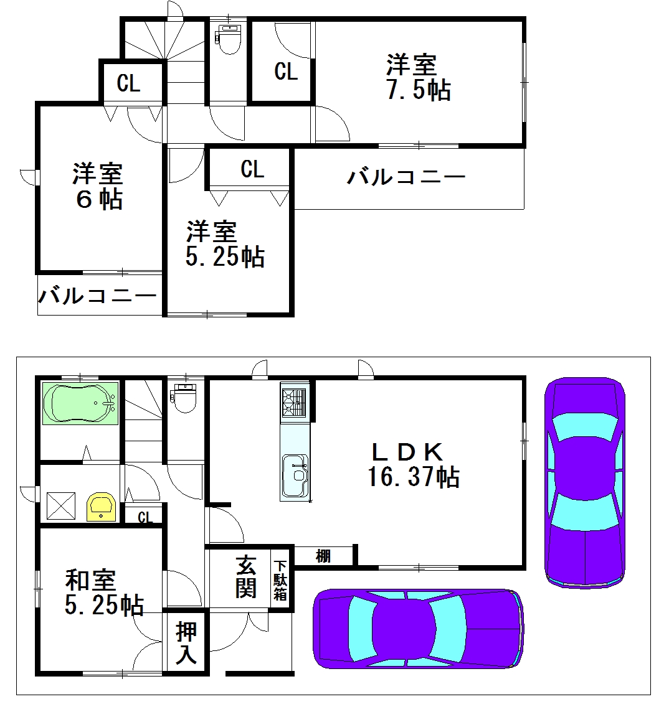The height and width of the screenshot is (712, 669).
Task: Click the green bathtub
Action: tap(80, 403)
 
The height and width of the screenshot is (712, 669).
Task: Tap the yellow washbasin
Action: tap(102, 507)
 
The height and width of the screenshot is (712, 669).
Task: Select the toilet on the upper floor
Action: tap(229, 39)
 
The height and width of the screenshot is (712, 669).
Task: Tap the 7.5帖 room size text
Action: tap(419, 90)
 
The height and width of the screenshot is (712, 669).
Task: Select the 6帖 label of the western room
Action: tap(99, 199)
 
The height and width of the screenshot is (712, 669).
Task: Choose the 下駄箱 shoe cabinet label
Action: tap(280, 580)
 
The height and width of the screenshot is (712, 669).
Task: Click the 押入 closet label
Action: tap(186, 642)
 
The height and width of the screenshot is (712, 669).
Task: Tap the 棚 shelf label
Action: tap(323, 556)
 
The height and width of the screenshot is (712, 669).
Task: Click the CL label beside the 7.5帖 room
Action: tap(286, 72)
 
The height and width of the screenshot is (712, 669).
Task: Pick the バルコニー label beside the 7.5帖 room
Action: tap(406, 177)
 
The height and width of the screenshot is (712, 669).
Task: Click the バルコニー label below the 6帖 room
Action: tap(97, 296)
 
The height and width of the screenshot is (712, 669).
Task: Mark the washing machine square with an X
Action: tap(61, 506)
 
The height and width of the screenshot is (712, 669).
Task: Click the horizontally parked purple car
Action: tap(418, 629)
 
